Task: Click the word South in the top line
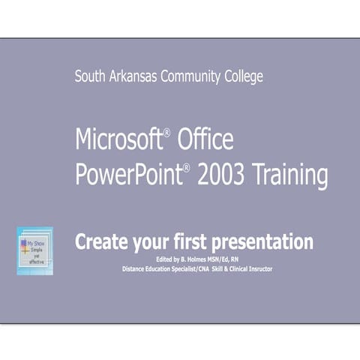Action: [90, 76]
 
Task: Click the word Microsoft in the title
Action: [118, 139]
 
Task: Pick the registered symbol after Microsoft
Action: [167, 133]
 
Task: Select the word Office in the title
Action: [205, 139]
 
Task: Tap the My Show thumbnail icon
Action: [34, 251]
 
